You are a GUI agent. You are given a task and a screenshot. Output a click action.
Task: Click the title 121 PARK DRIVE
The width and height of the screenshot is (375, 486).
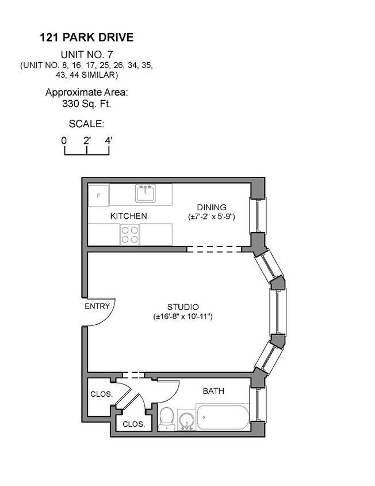(86, 38)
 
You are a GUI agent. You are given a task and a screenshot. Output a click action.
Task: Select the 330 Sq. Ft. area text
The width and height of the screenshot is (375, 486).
(86, 104)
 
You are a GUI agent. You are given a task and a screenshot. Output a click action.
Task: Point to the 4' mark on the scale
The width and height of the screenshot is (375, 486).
(108, 140)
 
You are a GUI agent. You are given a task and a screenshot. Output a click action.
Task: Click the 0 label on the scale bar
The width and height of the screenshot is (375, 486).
(64, 140)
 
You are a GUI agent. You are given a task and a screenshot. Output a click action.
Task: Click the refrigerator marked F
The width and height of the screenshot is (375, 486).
(98, 195)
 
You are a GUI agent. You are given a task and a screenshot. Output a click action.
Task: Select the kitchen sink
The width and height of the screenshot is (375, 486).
(145, 193)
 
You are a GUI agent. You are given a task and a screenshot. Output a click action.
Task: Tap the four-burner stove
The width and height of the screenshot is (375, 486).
(129, 234)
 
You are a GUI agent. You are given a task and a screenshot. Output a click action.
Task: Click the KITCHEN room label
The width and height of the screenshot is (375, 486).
(129, 216)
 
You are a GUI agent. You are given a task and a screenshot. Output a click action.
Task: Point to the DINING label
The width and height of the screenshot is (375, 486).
(212, 207)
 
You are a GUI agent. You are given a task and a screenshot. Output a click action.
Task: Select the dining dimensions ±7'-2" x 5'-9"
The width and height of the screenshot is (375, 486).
(212, 217)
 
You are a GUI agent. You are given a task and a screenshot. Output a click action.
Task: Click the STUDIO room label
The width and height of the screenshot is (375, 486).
(183, 307)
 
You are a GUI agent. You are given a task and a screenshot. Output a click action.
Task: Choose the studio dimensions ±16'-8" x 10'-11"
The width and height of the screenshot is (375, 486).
(183, 317)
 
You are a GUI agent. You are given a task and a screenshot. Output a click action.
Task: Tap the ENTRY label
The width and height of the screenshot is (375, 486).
(97, 306)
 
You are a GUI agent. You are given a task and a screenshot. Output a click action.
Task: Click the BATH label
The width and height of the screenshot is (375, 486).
(213, 391)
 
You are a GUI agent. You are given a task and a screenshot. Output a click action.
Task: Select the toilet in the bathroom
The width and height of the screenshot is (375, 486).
(166, 417)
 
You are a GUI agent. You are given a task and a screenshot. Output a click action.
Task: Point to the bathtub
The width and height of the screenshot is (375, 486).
(223, 417)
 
